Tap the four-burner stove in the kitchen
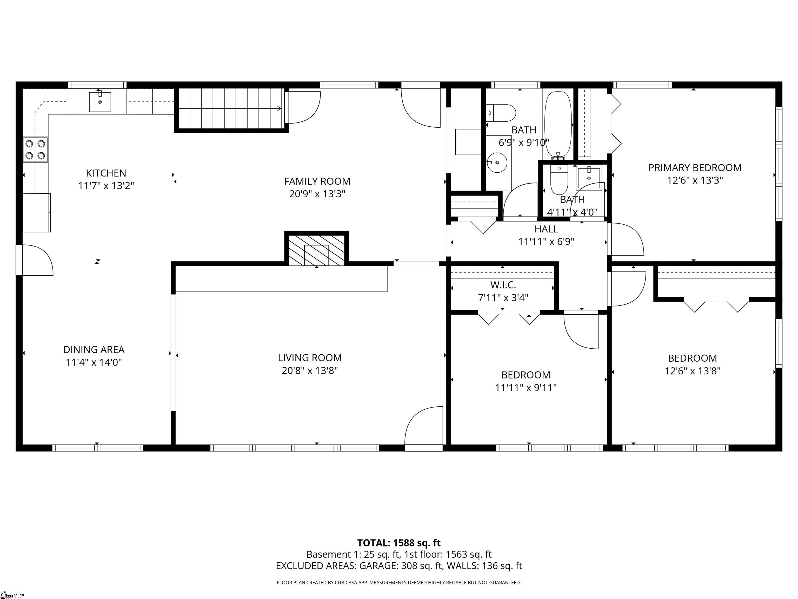tap(35, 150)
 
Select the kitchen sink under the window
tap(100, 102)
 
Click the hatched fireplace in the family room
tap(316, 250)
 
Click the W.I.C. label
tap(503, 285)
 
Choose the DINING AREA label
tap(94, 349)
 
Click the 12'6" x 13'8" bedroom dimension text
tap(692, 371)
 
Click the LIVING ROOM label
tap(310, 357)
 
